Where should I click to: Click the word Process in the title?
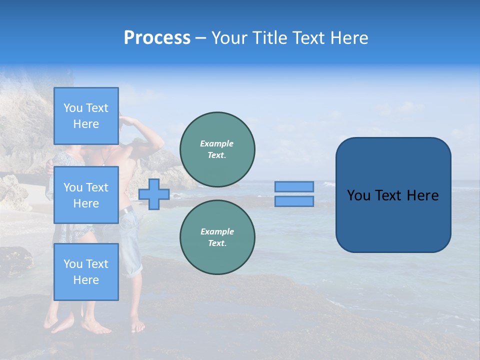click(x=157, y=38)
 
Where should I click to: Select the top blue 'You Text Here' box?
click(x=86, y=116)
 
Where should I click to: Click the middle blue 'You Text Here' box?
click(x=86, y=195)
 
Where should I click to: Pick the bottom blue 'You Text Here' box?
click(x=86, y=271)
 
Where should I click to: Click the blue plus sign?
click(x=154, y=194)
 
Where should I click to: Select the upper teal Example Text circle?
click(x=217, y=149)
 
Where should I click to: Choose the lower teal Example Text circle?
click(x=217, y=237)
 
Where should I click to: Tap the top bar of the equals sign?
click(x=294, y=186)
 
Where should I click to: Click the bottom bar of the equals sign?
click(x=294, y=201)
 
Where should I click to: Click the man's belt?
click(x=126, y=211)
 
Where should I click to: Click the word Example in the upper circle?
click(x=217, y=144)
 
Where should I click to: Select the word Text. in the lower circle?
click(x=217, y=243)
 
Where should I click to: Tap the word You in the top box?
click(x=73, y=108)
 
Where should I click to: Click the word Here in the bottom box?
click(x=86, y=280)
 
